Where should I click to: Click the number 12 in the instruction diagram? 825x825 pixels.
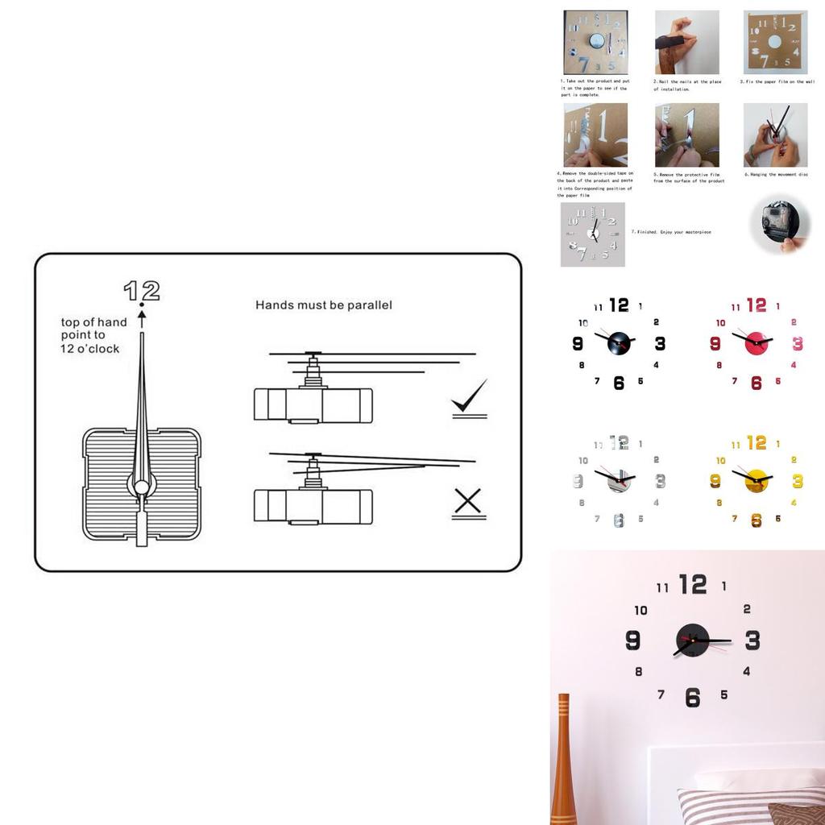pos(142,290)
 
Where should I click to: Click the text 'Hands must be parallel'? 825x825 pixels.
pos(324,305)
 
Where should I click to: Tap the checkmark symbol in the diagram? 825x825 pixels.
pos(469,398)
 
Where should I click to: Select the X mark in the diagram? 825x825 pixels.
pos(467,503)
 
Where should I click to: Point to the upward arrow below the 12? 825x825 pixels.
pos(142,317)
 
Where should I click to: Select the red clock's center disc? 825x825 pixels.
pos(757,342)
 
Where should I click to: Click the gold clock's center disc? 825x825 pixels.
pos(757,480)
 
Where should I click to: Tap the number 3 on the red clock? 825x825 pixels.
pos(798,344)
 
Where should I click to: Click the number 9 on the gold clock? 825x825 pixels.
pos(715,481)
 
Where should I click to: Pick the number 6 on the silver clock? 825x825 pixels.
pos(619,520)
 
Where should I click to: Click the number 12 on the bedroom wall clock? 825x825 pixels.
pos(693,584)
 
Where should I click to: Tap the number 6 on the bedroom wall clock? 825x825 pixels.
pos(693,697)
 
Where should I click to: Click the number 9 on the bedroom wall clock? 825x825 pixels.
pos(633,641)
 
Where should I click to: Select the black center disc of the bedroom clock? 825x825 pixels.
pos(693,640)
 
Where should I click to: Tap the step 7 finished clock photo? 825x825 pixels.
pos(592,234)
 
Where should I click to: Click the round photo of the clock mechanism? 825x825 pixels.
pos(778,226)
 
